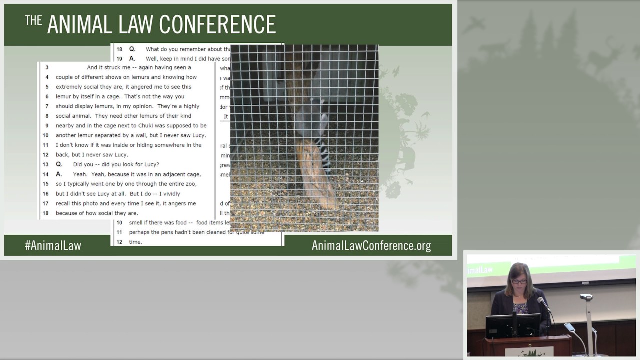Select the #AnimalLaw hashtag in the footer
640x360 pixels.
point(53,245)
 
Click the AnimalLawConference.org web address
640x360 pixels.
point(371,245)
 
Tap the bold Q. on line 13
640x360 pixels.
point(59,164)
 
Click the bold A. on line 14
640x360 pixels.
point(59,174)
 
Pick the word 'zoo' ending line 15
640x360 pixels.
point(190,184)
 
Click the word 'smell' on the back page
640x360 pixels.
point(136,223)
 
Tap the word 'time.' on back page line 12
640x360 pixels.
point(135,242)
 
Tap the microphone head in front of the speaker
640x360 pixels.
point(540,301)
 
